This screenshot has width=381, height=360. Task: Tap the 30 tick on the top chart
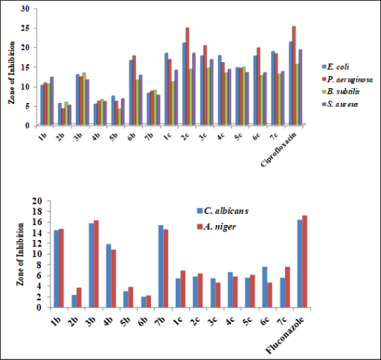click(x=25, y=9)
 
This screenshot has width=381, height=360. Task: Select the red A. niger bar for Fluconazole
click(x=305, y=262)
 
